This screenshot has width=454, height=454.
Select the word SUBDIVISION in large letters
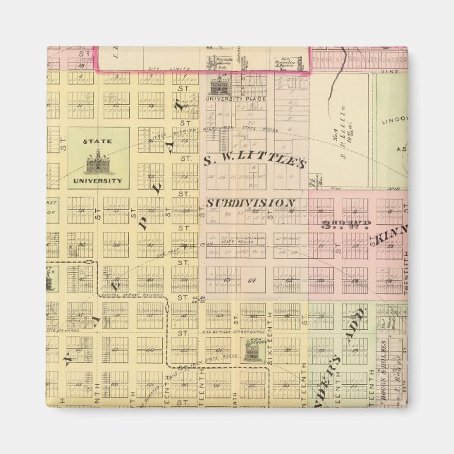pos(250,202)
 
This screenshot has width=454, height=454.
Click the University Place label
pos(232,99)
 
